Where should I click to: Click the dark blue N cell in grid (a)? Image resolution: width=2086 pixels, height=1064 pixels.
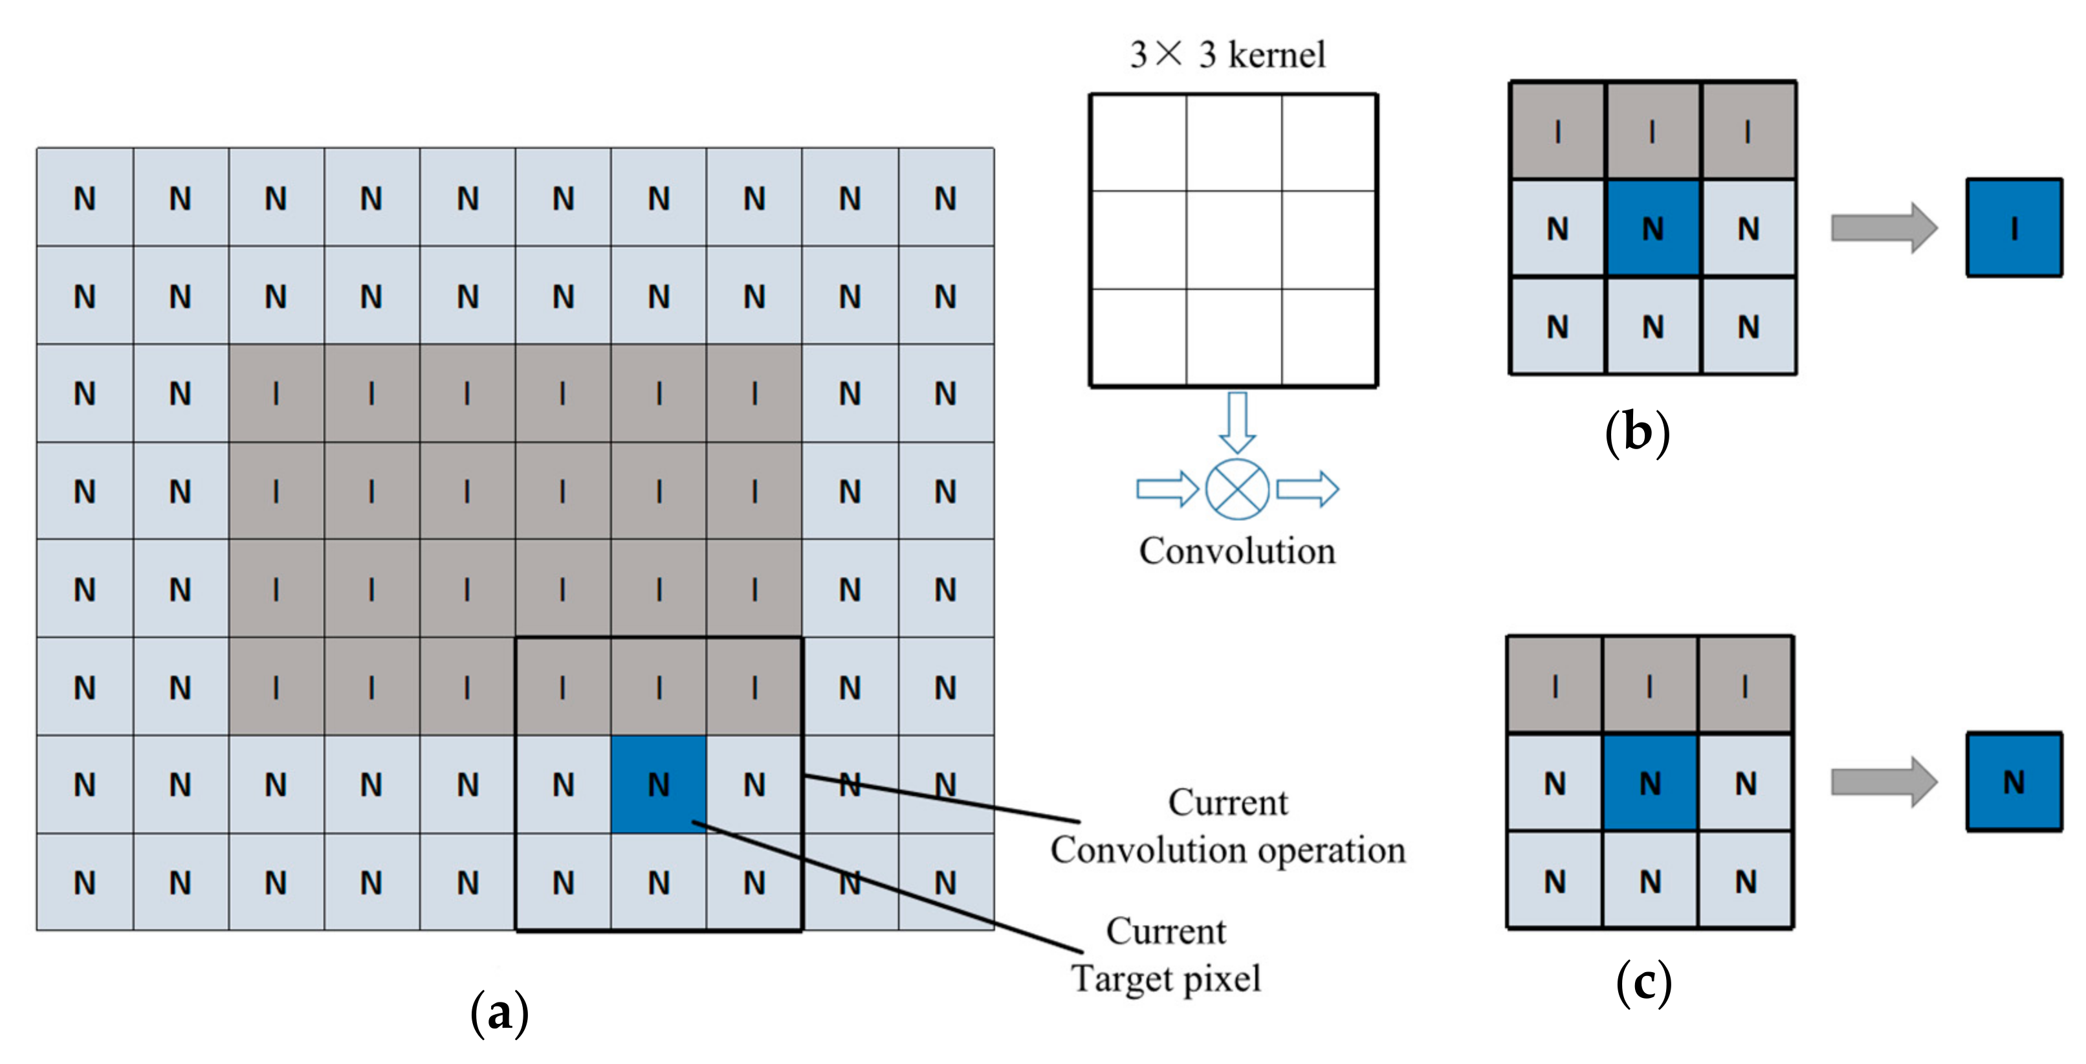(659, 784)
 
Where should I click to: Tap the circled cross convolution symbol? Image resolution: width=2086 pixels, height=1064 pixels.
(1236, 489)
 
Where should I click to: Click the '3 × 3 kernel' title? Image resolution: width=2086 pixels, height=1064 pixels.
(1227, 55)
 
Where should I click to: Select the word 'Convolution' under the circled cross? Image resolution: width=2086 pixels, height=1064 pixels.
(1236, 551)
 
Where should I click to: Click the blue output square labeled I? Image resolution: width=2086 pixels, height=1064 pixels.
(2014, 228)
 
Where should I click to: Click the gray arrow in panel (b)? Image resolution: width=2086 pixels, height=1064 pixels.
(1883, 228)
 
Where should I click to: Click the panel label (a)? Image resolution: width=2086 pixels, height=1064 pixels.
(500, 1012)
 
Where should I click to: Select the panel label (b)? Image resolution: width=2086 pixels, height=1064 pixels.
(1636, 432)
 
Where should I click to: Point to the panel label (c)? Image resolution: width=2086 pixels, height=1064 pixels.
(1643, 983)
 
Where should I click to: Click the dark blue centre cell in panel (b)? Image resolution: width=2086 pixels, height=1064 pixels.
(1652, 229)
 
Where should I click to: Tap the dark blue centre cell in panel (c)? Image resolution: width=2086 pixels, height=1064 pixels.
(1649, 783)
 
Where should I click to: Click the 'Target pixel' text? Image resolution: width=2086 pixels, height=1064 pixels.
(1166, 978)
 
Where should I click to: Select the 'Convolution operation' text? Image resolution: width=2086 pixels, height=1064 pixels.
(1227, 850)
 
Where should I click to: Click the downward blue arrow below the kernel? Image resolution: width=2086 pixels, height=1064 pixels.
(1236, 422)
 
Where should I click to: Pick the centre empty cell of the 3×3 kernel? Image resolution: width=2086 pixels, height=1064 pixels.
(1233, 239)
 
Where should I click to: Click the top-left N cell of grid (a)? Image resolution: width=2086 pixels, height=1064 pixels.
(85, 197)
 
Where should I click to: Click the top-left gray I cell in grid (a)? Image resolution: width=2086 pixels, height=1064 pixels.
(276, 393)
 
